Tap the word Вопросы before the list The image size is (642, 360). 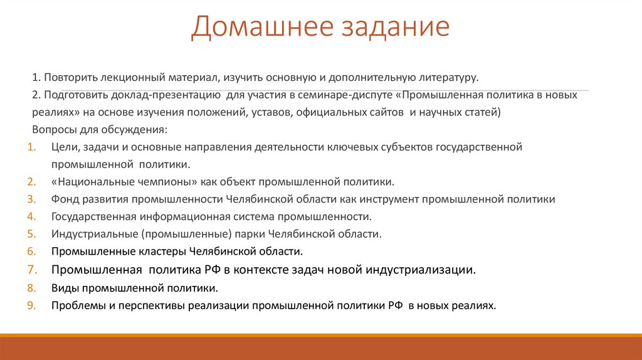54,130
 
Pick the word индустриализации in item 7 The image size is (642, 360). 421,270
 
